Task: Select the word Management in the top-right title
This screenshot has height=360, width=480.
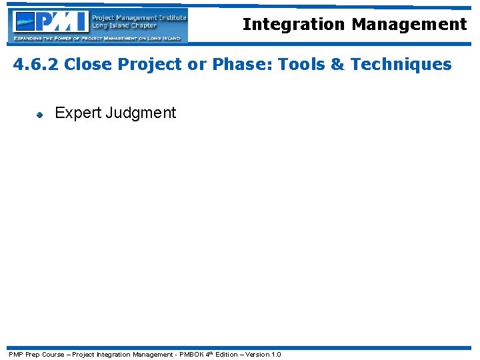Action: [409, 25]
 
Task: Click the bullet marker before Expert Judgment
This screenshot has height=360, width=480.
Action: [39, 114]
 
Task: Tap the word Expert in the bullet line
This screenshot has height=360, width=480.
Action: [77, 113]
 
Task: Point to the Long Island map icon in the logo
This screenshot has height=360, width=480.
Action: [25, 23]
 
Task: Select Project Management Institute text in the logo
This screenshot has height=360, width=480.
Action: [139, 17]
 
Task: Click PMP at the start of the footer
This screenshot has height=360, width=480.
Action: [14, 355]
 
